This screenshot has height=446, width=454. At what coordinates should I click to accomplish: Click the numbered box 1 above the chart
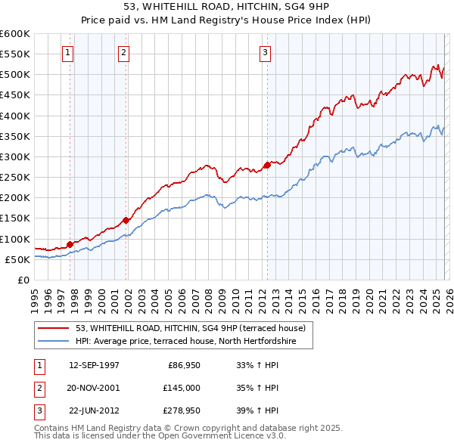(x=69, y=52)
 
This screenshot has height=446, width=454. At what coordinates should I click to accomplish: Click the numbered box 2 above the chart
(x=123, y=52)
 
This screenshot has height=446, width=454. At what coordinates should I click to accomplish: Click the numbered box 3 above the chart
(x=266, y=52)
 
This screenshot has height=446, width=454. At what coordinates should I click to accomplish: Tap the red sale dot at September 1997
(x=70, y=244)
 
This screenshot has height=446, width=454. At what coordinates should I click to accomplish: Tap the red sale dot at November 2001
(x=126, y=220)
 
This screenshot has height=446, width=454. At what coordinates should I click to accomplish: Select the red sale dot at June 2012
(x=267, y=165)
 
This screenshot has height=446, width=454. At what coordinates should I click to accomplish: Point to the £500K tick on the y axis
(x=14, y=75)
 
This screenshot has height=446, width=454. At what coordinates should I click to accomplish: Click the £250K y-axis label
(x=14, y=177)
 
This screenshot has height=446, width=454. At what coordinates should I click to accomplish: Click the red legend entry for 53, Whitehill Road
(x=190, y=328)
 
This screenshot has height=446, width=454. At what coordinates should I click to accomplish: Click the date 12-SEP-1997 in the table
(x=94, y=364)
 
